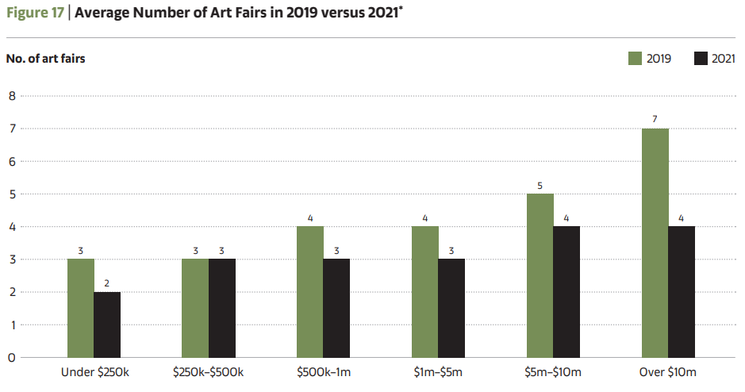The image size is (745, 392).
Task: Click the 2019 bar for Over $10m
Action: click(x=655, y=243)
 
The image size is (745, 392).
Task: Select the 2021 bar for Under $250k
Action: click(x=107, y=325)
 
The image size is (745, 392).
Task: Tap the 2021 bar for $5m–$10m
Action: click(x=566, y=292)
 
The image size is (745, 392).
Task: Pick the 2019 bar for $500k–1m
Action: click(x=310, y=292)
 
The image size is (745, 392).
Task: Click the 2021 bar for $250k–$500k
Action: click(x=222, y=308)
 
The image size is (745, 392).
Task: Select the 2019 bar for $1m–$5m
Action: click(x=425, y=292)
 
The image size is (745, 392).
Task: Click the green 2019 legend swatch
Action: click(x=635, y=59)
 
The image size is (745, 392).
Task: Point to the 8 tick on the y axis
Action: click(x=11, y=96)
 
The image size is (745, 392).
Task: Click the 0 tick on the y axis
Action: click(x=11, y=358)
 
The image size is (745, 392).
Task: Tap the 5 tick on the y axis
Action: click(x=11, y=194)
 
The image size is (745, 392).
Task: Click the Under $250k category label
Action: click(x=94, y=372)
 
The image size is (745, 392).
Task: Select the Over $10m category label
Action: click(x=668, y=372)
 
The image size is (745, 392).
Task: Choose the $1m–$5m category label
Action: click(x=438, y=372)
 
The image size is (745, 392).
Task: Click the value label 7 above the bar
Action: click(x=655, y=119)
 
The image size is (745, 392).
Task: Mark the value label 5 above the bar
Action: click(x=540, y=185)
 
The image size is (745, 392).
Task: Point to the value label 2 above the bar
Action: click(x=107, y=282)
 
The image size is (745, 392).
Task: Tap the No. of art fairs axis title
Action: click(x=45, y=59)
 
